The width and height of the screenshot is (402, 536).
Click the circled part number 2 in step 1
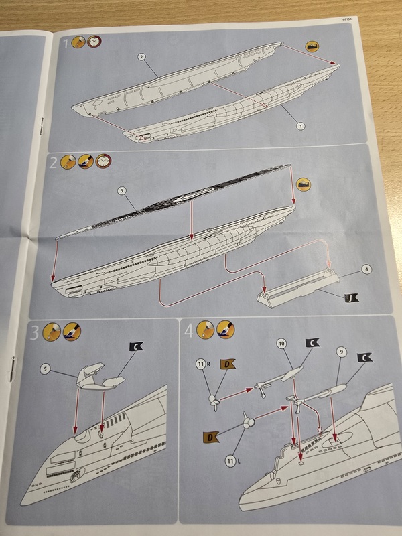coord(142,57)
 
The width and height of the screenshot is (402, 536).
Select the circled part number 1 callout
coord(301,125)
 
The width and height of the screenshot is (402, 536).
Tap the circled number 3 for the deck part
coord(120,190)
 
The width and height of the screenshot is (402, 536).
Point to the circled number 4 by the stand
coord(366,269)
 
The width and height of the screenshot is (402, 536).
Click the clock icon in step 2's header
coord(103,161)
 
